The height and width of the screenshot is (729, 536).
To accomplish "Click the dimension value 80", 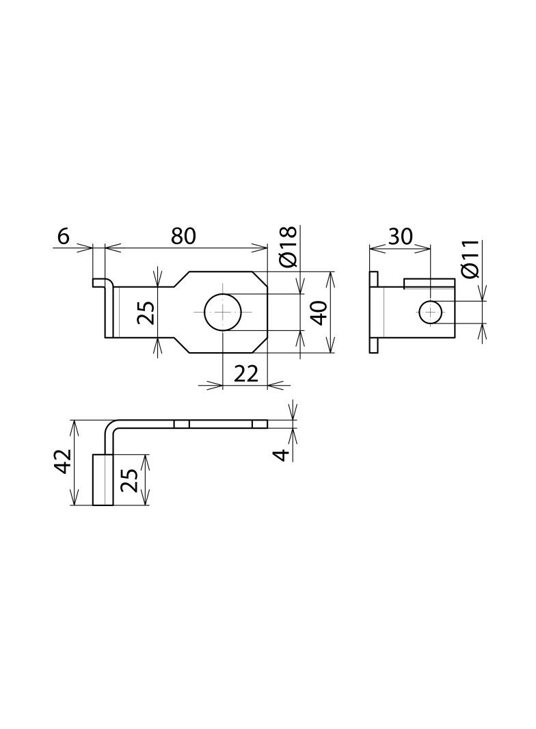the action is click(183, 236).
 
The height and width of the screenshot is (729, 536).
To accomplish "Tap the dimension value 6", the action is click(63, 236).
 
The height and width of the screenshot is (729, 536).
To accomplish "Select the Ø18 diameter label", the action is click(289, 248).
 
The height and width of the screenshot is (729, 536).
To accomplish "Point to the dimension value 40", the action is click(320, 313).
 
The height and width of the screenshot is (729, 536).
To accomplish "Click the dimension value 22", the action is click(245, 373).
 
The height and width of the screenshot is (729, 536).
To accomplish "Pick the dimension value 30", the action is click(400, 237).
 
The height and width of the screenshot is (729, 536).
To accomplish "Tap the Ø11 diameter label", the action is click(470, 259).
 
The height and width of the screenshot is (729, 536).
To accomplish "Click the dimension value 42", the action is click(63, 462).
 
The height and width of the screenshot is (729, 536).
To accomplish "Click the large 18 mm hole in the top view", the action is click(223, 311).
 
